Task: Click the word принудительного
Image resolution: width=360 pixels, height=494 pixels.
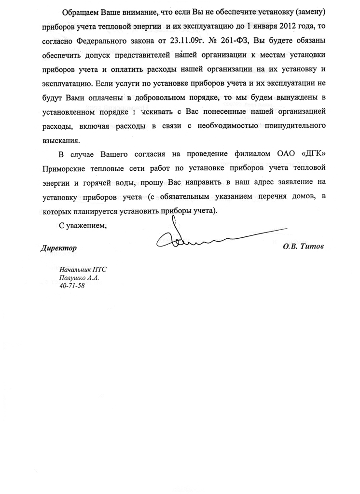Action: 287,126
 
